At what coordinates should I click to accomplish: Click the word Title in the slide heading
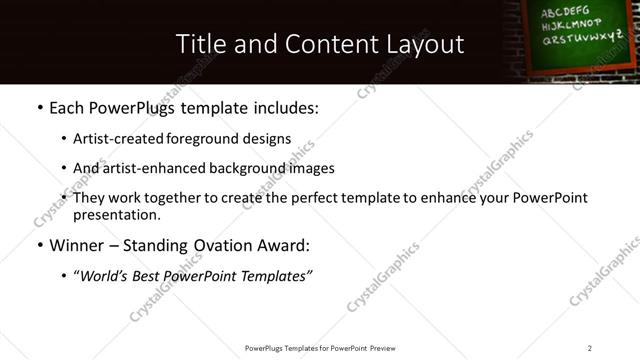coord(200,44)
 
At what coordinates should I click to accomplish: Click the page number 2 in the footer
coord(590,348)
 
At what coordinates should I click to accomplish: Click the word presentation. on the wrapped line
coord(116,215)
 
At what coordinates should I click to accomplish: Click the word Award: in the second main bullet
coord(286,245)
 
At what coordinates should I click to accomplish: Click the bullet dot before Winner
coord(38,245)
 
